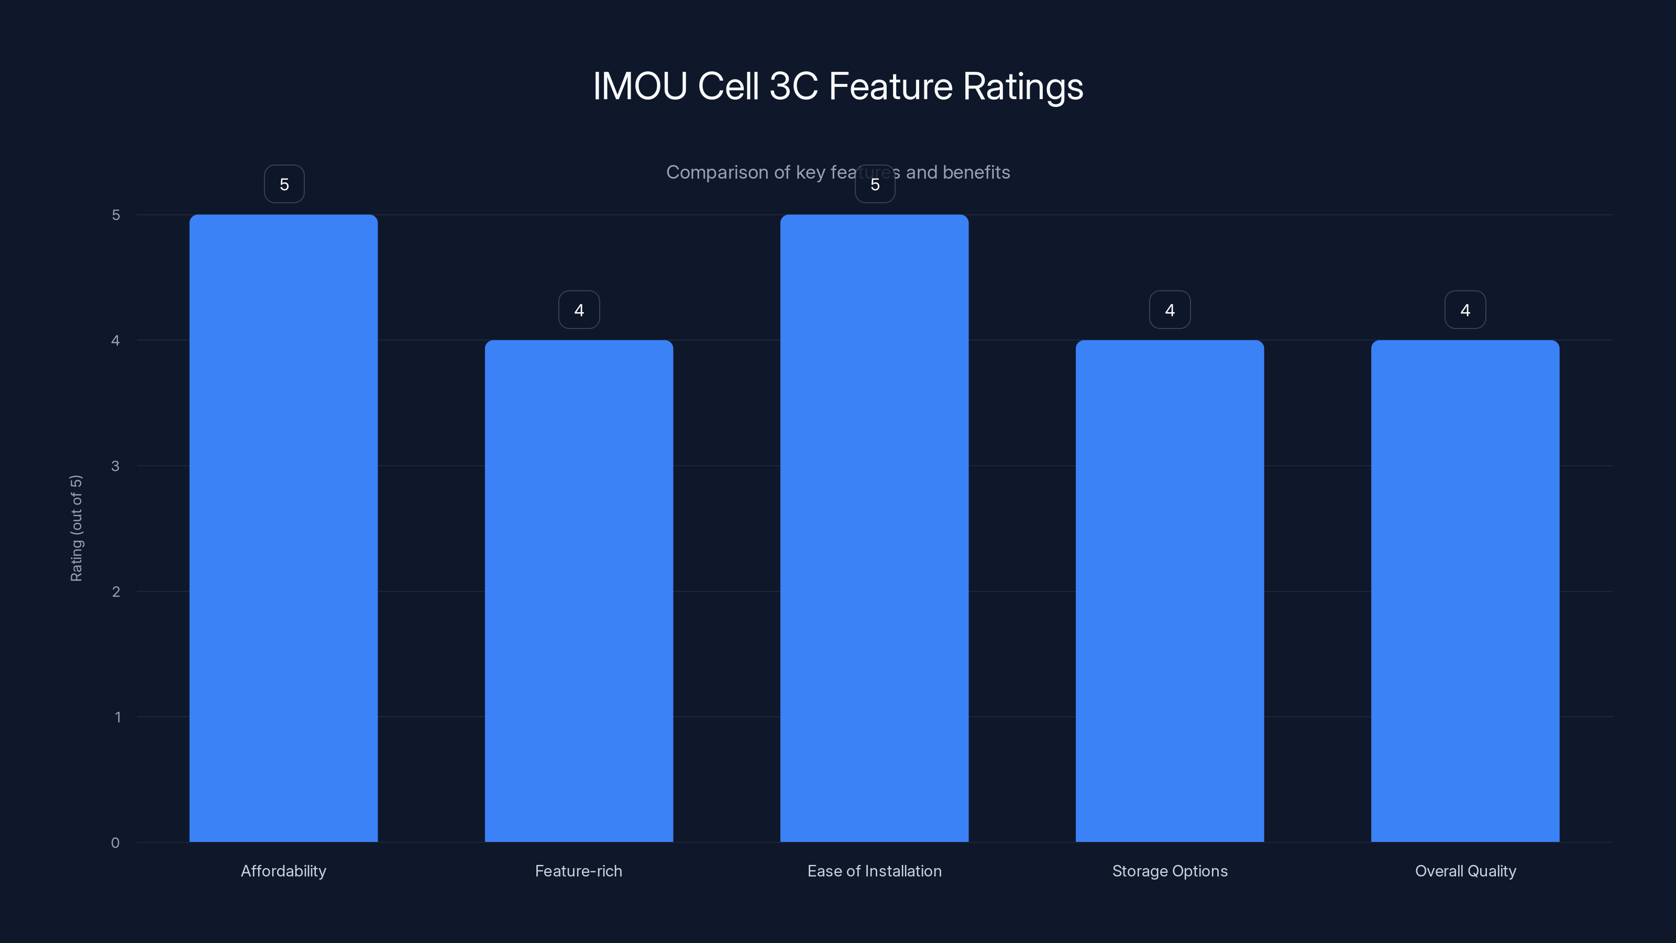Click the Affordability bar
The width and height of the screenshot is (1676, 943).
[x=284, y=528]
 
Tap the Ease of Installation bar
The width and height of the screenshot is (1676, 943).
[x=875, y=528]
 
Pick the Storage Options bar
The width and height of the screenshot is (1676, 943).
[x=1170, y=591]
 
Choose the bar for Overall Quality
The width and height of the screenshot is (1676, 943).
[x=1465, y=591]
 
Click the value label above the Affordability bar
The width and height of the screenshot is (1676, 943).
[x=284, y=184]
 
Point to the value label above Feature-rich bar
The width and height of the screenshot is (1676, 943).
[x=579, y=310]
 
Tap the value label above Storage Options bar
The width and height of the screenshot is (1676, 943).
[x=1170, y=310]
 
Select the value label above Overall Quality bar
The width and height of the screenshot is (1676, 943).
[x=1465, y=310]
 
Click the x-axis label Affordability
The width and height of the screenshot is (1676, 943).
[x=284, y=871]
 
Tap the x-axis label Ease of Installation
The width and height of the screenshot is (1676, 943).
[x=875, y=871]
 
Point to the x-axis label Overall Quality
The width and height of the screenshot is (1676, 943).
[x=1465, y=871]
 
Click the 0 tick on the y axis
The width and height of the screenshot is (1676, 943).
[x=115, y=843]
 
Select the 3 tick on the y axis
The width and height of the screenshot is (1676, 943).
[x=115, y=466]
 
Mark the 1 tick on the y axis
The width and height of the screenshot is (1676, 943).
[x=117, y=717]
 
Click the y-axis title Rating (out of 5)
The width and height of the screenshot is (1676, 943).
[x=76, y=528]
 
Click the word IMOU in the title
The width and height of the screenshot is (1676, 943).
[x=640, y=86]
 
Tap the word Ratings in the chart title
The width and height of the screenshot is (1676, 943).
[x=1023, y=87]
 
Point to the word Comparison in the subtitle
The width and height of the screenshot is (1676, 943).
[x=717, y=172]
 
